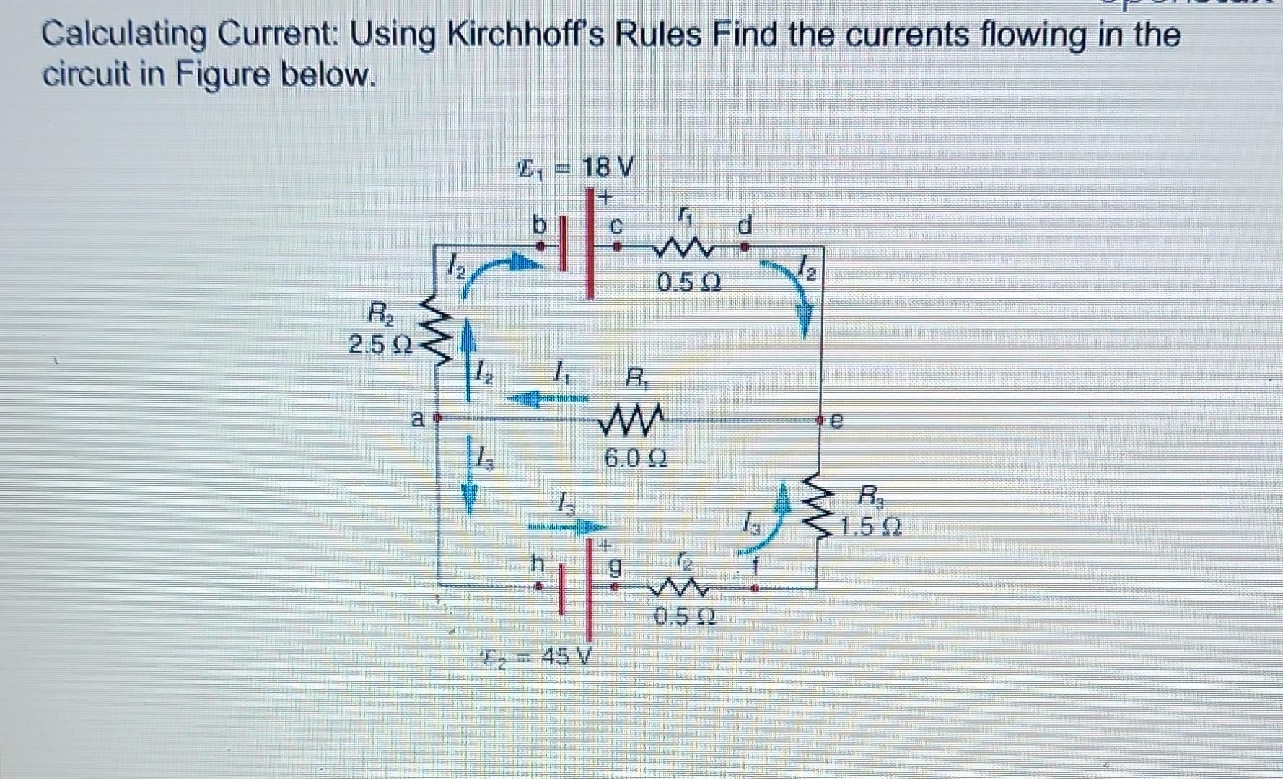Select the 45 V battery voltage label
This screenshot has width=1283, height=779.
(564, 656)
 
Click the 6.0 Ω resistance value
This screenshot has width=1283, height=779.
(634, 457)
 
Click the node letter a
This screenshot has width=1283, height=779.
(417, 418)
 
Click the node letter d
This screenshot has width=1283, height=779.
(745, 226)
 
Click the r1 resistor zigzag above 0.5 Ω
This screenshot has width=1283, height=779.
(682, 251)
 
